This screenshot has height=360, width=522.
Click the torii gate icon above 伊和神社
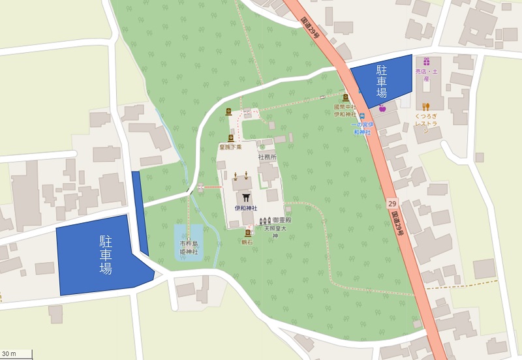click(247, 197)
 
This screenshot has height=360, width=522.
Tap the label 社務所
click(268, 157)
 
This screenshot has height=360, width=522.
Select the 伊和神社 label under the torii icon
click(247, 208)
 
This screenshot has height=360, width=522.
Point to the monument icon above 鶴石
click(248, 233)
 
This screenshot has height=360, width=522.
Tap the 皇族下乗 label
click(230, 147)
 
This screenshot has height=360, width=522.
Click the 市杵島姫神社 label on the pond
click(189, 247)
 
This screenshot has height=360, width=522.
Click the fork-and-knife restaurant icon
click(425, 106)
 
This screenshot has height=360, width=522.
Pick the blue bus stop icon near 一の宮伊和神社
click(361, 115)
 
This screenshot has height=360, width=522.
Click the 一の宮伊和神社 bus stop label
click(360, 128)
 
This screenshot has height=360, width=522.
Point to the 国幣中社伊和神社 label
click(345, 110)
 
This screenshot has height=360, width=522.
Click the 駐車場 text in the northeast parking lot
click(381, 80)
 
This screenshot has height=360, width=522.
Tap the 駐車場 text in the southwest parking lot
click(105, 255)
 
